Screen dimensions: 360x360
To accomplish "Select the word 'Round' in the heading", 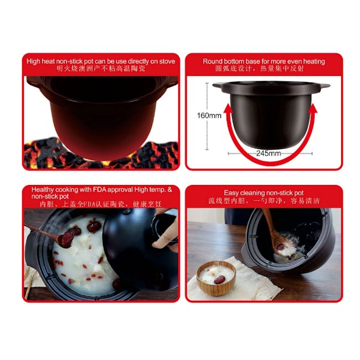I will (x=213, y=61).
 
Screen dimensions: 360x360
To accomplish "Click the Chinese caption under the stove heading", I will (x=100, y=71).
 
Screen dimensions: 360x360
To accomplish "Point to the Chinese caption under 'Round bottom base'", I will (x=263, y=70).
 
